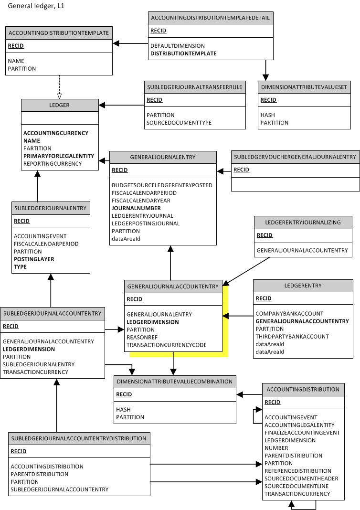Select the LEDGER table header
click(60, 105)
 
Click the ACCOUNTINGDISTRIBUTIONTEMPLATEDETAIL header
click(210, 18)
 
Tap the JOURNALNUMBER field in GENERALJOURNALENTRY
click(136, 208)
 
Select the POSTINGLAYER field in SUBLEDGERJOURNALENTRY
click(34, 259)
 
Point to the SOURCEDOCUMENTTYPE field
click(179, 123)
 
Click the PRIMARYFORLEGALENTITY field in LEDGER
click(59, 156)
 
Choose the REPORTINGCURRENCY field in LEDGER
click(53, 164)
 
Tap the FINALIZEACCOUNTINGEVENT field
click(302, 433)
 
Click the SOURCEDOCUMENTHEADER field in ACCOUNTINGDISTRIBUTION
click(301, 478)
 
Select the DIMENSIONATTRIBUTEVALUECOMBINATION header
click(174, 382)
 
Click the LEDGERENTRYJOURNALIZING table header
click(303, 222)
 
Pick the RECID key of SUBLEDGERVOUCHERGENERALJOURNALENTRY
click(241, 170)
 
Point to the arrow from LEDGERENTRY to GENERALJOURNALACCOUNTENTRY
click(238, 316)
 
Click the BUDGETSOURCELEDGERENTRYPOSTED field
click(162, 185)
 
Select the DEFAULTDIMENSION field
click(177, 46)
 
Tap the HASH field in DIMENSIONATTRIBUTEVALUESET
click(267, 115)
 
